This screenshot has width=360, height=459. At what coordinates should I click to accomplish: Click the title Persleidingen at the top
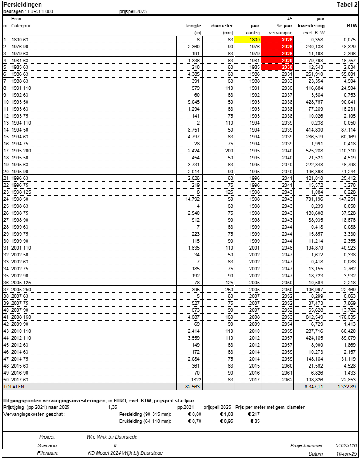click(x=23, y=4)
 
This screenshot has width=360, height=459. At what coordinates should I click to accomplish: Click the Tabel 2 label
click(x=347, y=4)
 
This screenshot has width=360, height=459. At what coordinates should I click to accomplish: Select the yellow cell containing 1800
click(x=248, y=40)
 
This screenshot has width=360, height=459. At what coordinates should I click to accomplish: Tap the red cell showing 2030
click(x=277, y=67)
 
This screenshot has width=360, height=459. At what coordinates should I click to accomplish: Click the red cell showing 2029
click(x=277, y=60)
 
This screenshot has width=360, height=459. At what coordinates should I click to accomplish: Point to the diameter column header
click(x=222, y=26)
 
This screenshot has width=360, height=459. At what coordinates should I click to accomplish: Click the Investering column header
click(x=311, y=26)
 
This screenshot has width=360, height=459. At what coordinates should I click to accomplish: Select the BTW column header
click(x=352, y=26)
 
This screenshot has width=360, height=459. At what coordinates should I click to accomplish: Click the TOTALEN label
click(x=14, y=386)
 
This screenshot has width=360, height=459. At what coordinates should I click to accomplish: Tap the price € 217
click(x=254, y=414)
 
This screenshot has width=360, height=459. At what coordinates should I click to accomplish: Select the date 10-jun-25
click(x=347, y=453)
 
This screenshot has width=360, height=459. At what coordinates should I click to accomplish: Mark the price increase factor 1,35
click(x=112, y=407)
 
